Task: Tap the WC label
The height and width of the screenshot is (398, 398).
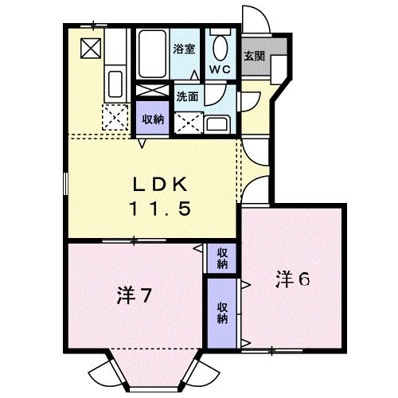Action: coord(220,69)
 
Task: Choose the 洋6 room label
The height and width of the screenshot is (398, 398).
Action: coord(292,279)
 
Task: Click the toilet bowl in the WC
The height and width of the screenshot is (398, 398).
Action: coord(221,45)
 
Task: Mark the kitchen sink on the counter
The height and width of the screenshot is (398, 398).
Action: coord(114,83)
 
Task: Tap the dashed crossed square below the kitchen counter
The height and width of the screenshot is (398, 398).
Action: coord(116,119)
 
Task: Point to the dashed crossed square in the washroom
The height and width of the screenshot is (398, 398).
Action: coord(189,123)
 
